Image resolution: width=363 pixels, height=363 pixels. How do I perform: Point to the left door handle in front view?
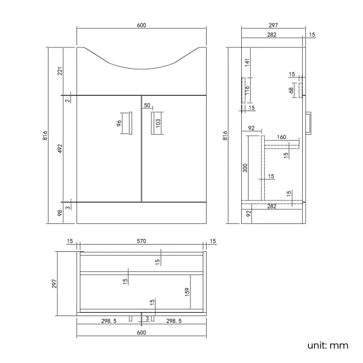tap(130, 123)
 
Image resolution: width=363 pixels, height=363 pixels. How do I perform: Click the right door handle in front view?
tap(151, 123)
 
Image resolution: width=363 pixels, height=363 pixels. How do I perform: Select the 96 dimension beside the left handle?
tap(119, 123)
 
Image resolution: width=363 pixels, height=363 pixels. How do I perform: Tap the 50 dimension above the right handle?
tap(147, 106)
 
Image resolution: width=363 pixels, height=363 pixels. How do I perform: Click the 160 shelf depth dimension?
tap(281, 137)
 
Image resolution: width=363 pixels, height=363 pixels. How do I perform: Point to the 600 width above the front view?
tap(141, 26)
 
